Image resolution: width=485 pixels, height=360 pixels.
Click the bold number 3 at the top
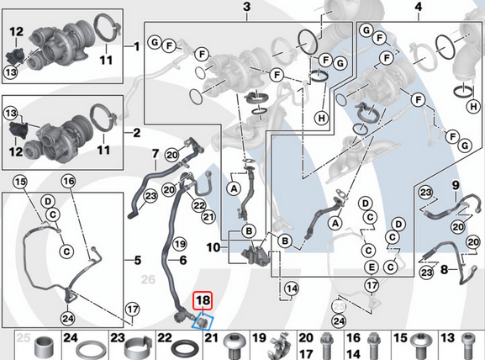[x=246, y=8]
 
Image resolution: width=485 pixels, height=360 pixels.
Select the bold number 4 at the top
[x=418, y=8]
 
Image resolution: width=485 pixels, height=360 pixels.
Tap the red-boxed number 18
[x=203, y=300]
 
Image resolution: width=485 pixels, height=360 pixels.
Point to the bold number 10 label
[x=214, y=247]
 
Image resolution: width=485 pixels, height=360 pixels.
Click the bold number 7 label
[x=155, y=154]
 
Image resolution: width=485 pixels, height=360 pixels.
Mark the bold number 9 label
[x=455, y=185]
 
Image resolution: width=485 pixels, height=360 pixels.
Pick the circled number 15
[x=20, y=183]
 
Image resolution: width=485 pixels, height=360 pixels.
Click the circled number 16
[x=68, y=181]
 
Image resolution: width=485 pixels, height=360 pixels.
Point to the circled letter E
[x=371, y=267]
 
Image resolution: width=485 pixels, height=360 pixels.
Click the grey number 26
[x=148, y=279]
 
